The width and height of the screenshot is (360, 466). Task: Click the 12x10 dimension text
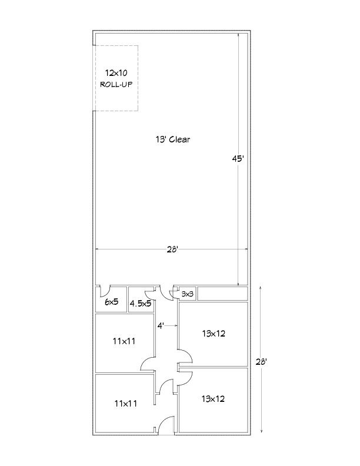pyautogui.click(x=116, y=72)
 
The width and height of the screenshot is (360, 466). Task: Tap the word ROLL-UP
pyautogui.click(x=116, y=84)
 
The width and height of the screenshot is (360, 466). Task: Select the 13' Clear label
pyautogui.click(x=172, y=139)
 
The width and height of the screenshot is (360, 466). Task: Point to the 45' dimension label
pyautogui.click(x=238, y=159)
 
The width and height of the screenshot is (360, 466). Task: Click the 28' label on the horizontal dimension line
pyautogui.click(x=172, y=249)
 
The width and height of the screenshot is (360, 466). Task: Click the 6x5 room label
pyautogui.click(x=112, y=302)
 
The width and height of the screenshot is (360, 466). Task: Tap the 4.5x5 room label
pyautogui.click(x=141, y=304)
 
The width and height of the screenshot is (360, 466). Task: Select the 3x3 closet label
pyautogui.click(x=188, y=294)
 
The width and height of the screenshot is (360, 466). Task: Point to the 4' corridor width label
pyautogui.click(x=161, y=326)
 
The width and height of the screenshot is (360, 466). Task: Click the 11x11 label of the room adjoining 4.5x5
pyautogui.click(x=124, y=341)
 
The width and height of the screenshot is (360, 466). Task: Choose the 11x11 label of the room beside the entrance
pyautogui.click(x=126, y=403)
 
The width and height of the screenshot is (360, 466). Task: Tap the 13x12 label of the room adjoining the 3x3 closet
pyautogui.click(x=214, y=334)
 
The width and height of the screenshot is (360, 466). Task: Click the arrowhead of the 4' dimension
pyautogui.click(x=176, y=326)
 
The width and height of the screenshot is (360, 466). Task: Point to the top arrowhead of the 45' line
pyautogui.click(x=238, y=35)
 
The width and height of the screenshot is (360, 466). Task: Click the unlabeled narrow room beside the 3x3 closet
pyautogui.click(x=222, y=294)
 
